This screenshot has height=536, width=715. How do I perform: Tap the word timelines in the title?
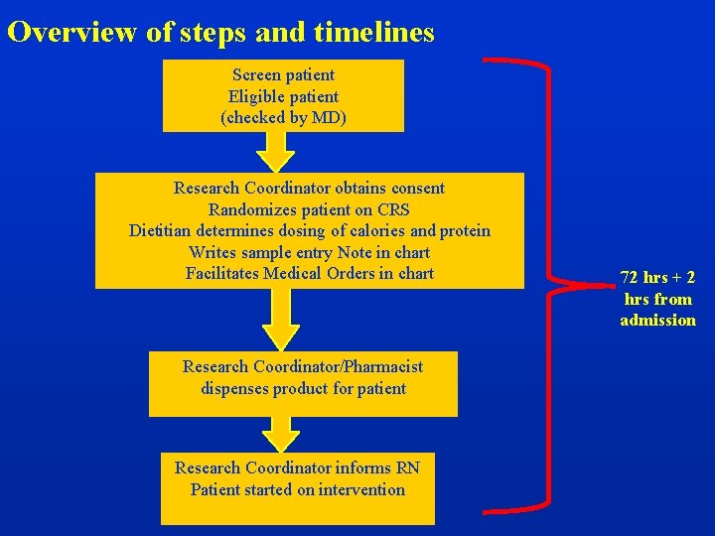(373, 33)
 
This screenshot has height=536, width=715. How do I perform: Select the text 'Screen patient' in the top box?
(283, 74)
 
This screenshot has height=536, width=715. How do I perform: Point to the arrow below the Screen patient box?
(276, 151)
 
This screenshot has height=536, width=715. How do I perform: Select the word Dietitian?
(161, 230)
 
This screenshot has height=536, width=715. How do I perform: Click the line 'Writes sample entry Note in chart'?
(309, 252)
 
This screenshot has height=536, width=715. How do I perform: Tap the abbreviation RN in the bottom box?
(408, 468)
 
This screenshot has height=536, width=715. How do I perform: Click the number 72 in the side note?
(630, 277)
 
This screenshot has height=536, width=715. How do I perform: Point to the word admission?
(657, 320)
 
